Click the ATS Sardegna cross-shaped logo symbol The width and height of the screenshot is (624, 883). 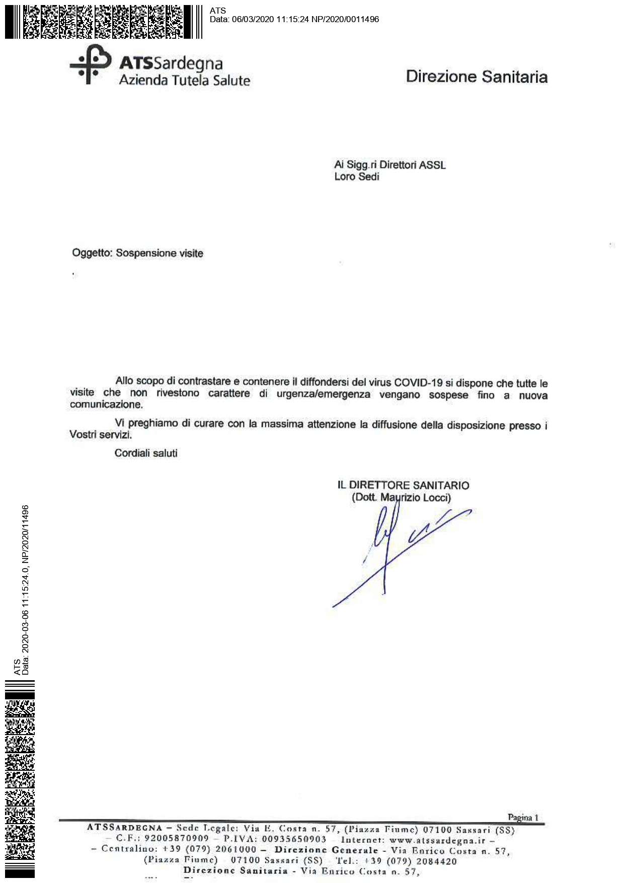[x=90, y=64]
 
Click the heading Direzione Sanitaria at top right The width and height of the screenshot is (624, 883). [x=477, y=77]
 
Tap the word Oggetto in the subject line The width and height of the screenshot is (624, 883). [x=92, y=253]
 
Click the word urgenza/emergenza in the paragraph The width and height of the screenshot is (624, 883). [x=323, y=394]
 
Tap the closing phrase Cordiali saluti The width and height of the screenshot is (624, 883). [x=146, y=453]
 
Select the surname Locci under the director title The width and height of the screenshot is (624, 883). [x=436, y=498]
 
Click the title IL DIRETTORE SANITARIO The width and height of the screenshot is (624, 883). [x=403, y=486]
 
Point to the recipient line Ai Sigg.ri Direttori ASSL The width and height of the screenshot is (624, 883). [x=389, y=165]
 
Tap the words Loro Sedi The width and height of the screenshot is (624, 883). [x=356, y=177]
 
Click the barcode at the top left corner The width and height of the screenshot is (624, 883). [x=103, y=22]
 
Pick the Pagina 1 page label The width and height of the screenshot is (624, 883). [x=523, y=818]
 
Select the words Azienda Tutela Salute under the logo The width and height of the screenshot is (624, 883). [x=184, y=81]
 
